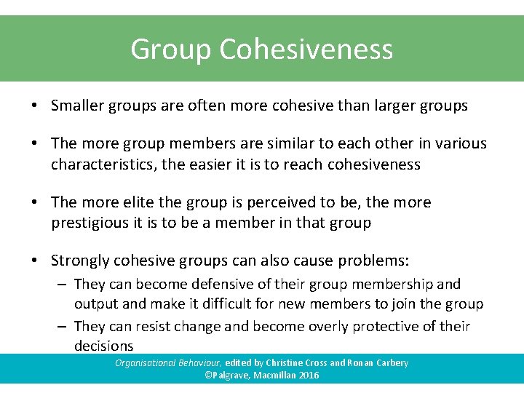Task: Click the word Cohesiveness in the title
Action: point(306,49)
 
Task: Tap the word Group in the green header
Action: point(170,49)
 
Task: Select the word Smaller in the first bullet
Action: point(77,106)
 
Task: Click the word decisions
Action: point(103,346)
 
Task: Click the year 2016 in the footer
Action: point(308,376)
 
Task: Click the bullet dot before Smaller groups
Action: point(35,106)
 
